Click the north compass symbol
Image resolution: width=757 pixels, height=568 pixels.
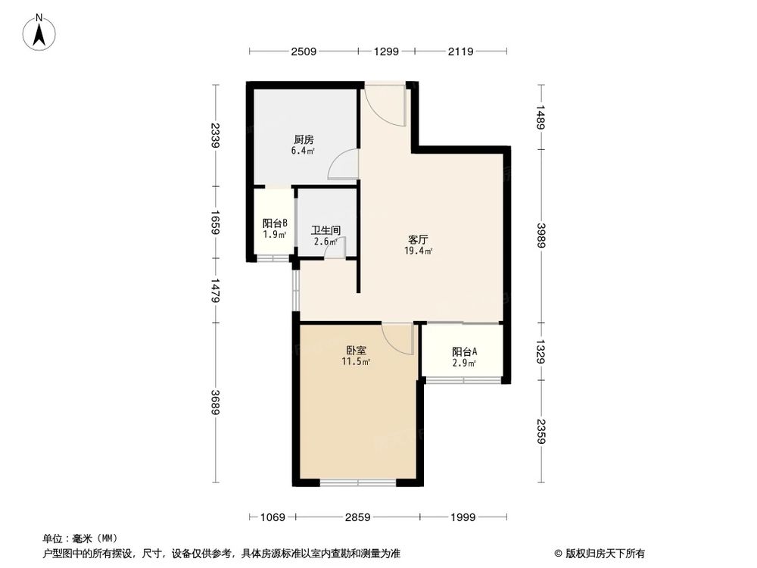39,33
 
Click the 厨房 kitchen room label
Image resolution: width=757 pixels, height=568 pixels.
304,140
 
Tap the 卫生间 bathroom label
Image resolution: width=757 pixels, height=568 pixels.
326,231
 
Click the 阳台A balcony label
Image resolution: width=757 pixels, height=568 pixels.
464,352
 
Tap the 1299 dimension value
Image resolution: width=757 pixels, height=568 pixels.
386,51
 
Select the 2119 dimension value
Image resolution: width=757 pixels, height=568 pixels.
460,51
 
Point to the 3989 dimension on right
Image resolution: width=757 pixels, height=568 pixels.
539,235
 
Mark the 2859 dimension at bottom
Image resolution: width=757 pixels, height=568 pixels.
357,517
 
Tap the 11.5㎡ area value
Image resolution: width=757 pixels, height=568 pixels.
356,362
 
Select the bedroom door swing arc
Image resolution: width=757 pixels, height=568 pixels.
397,338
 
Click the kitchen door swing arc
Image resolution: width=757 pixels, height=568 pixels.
342,165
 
